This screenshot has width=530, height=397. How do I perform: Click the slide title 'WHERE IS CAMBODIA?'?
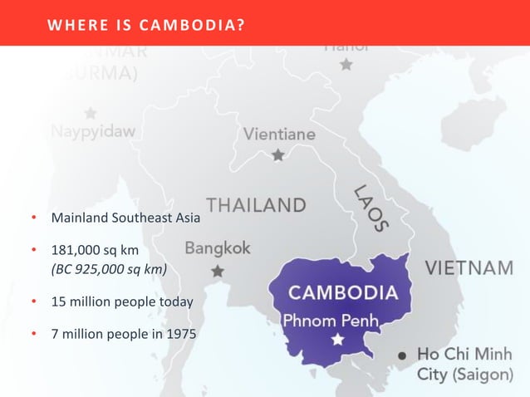coord(146,23)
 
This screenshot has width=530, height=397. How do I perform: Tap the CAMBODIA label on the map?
coord(342,293)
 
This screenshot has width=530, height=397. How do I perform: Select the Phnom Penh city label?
coord(331,320)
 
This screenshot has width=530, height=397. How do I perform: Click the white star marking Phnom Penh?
coord(337,340)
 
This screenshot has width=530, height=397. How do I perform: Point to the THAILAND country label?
coord(256,204)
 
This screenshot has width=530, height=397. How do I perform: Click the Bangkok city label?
coord(218,248)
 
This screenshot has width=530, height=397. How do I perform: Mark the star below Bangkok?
coord(218,271)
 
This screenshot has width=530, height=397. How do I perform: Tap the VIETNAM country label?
coord(469,268)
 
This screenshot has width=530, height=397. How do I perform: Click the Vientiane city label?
coord(279,134)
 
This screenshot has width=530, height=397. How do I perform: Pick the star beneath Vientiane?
coord(278,154)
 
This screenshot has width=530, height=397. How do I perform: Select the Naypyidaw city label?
coord(93,131)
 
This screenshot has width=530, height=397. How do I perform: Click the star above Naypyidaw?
coord(90,112)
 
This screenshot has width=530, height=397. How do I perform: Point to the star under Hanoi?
coord(346,64)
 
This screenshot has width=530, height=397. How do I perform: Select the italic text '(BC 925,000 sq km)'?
coord(109,268)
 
